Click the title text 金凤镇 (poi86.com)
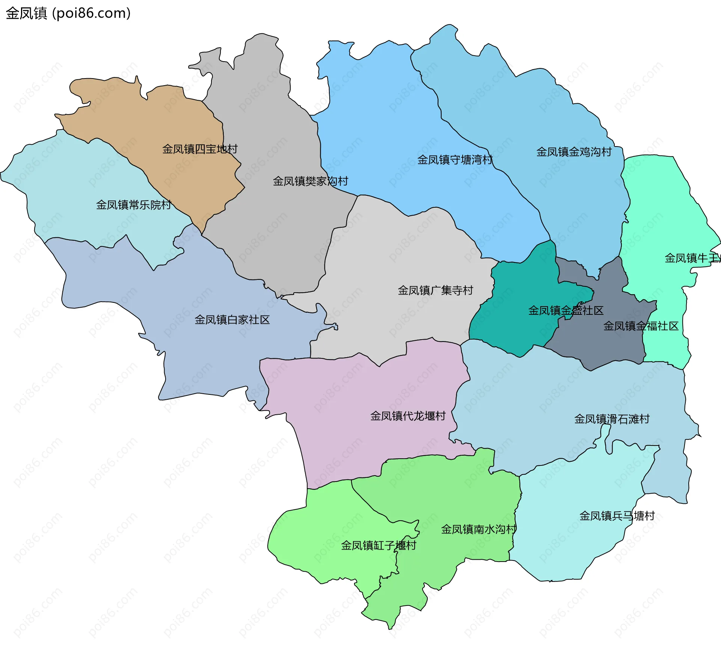[x=68, y=13]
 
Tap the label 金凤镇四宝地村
[x=200, y=149]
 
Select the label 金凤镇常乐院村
[x=134, y=205]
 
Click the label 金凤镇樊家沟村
[x=310, y=181]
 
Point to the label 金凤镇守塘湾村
[x=455, y=160]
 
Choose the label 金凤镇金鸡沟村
[x=574, y=152]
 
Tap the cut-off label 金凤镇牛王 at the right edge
[x=692, y=258]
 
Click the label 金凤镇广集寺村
[x=435, y=290]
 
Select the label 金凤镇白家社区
[x=232, y=320]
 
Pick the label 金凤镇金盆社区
[x=566, y=311]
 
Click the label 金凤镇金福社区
[x=641, y=326]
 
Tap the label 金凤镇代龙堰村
[x=408, y=416]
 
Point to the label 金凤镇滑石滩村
[x=612, y=419]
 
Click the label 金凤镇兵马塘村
[x=617, y=516]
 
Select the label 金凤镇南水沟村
[x=478, y=530]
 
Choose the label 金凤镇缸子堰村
[x=379, y=545]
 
